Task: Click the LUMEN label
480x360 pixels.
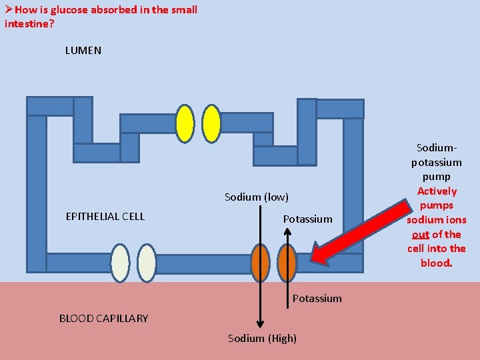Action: click(83, 50)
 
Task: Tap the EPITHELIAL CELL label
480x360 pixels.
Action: click(105, 216)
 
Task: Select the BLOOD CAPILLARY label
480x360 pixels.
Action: click(103, 318)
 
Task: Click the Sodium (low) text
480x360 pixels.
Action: click(256, 197)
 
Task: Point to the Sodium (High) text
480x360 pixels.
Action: click(262, 338)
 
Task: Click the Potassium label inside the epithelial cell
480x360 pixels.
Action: click(307, 219)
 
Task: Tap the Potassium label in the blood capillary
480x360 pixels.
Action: click(317, 298)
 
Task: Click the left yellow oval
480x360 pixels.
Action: click(185, 124)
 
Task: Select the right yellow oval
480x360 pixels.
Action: click(211, 124)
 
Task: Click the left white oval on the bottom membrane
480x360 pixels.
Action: click(120, 263)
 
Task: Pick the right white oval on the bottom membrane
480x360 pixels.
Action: click(147, 263)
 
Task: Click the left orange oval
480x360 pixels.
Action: click(261, 263)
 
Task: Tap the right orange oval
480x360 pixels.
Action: click(287, 263)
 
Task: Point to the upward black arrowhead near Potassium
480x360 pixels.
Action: click(287, 233)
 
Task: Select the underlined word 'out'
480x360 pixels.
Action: click(420, 234)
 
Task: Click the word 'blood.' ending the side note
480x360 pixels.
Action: click(436, 263)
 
